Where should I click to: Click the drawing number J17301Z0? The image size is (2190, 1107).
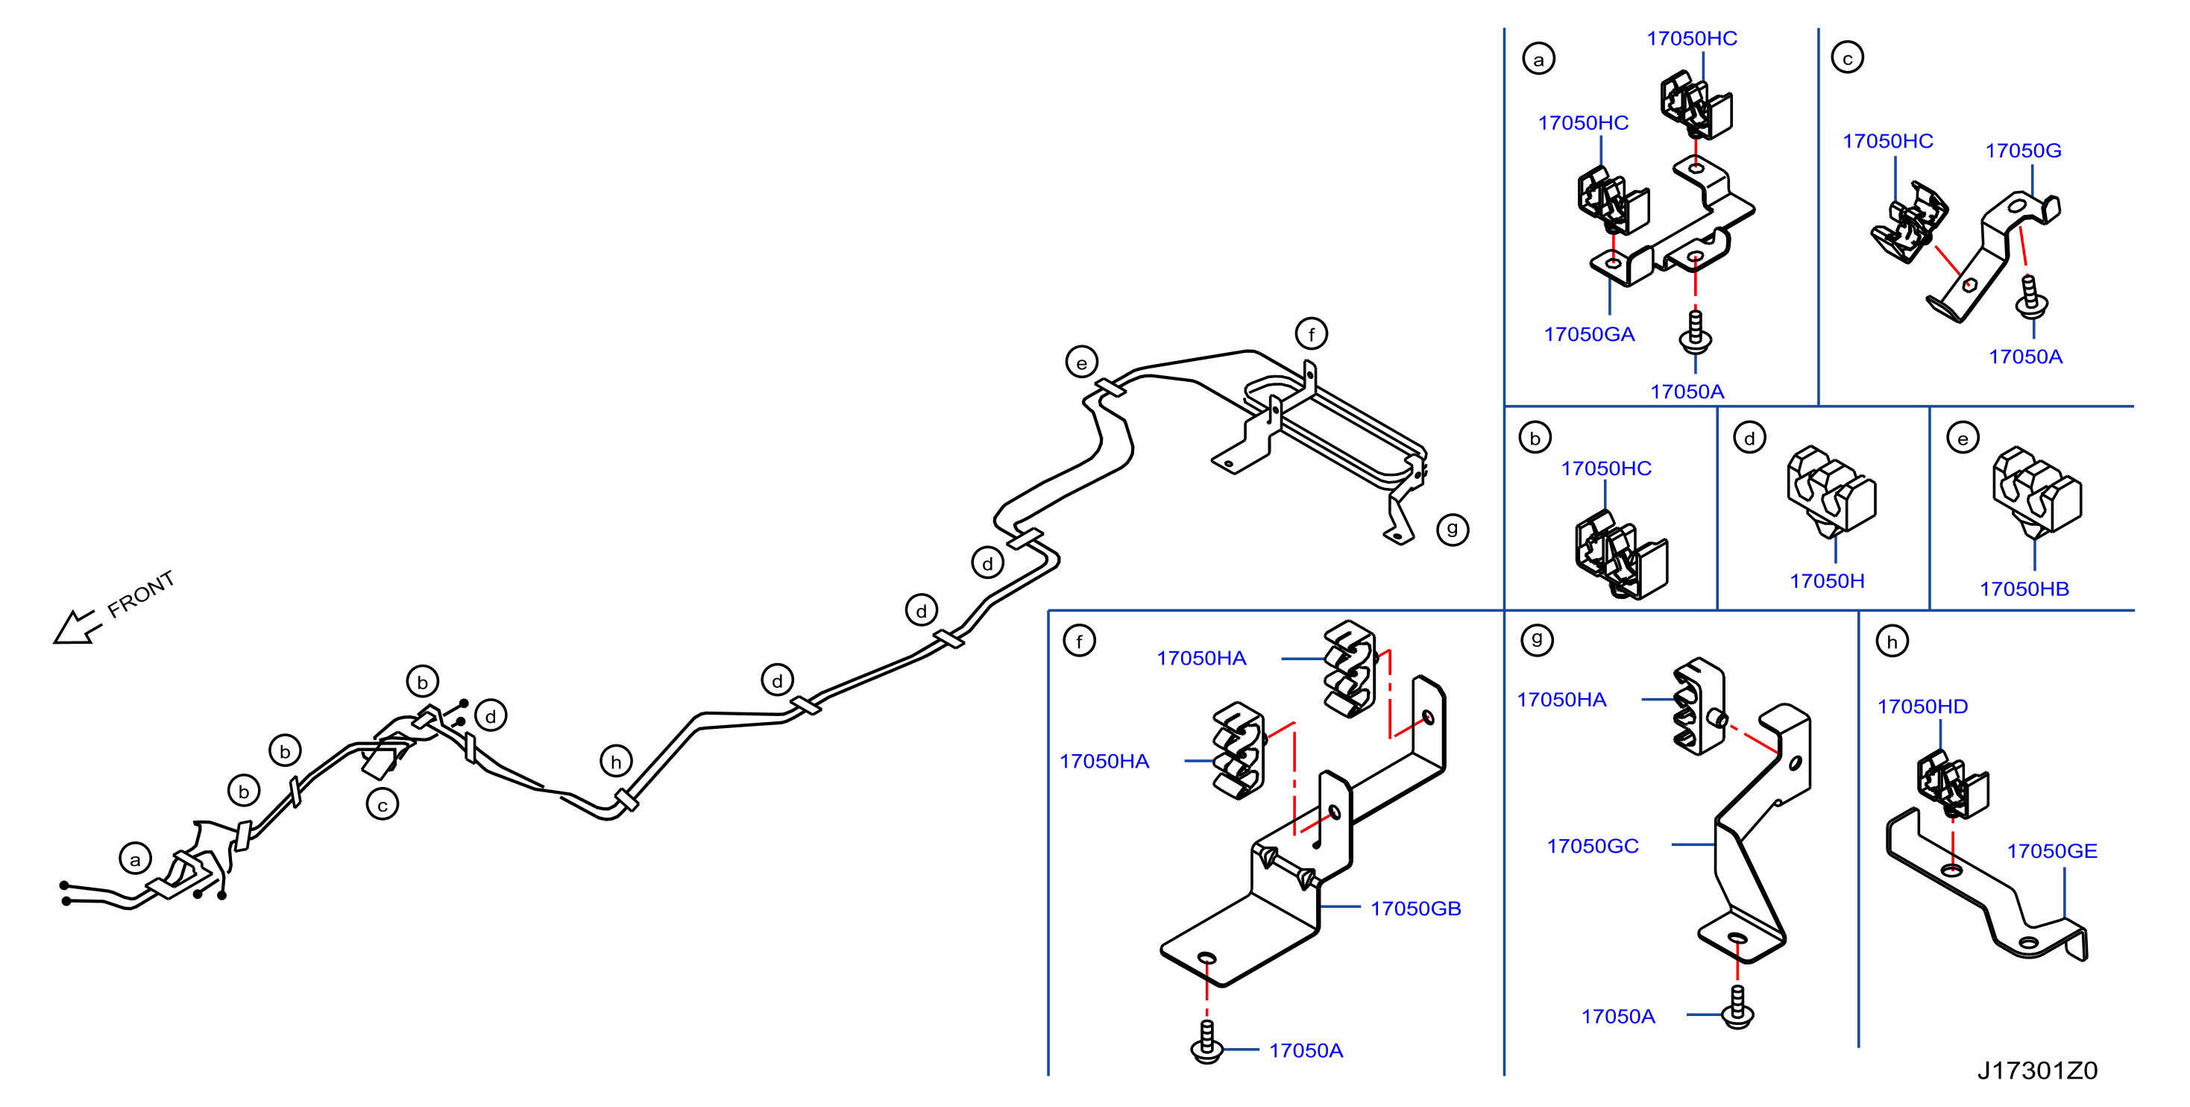coord(2037,1070)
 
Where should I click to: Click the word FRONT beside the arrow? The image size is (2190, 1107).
coord(141,594)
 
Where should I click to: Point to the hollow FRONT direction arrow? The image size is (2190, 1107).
coord(78,627)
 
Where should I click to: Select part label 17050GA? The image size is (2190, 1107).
coord(1589,334)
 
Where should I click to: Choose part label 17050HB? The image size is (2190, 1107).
coord(2024,589)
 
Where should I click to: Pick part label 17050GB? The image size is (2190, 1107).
coord(1415,908)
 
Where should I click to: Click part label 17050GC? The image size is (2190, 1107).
coord(1592,846)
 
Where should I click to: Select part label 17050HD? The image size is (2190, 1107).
coord(1922,706)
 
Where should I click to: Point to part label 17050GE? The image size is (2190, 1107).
coord(2051,851)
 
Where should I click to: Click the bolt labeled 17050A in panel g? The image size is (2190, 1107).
coord(1737,1007)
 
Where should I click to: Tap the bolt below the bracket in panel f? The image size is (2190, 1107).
coord(1207,1041)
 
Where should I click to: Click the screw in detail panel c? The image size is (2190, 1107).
coord(2031,297)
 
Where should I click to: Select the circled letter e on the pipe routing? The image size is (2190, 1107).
coord(1081,363)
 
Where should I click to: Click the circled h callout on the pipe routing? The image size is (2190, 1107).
coord(615,762)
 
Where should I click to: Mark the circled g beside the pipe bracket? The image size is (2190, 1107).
coord(1452,530)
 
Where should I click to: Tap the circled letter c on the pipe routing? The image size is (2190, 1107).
coord(383,804)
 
